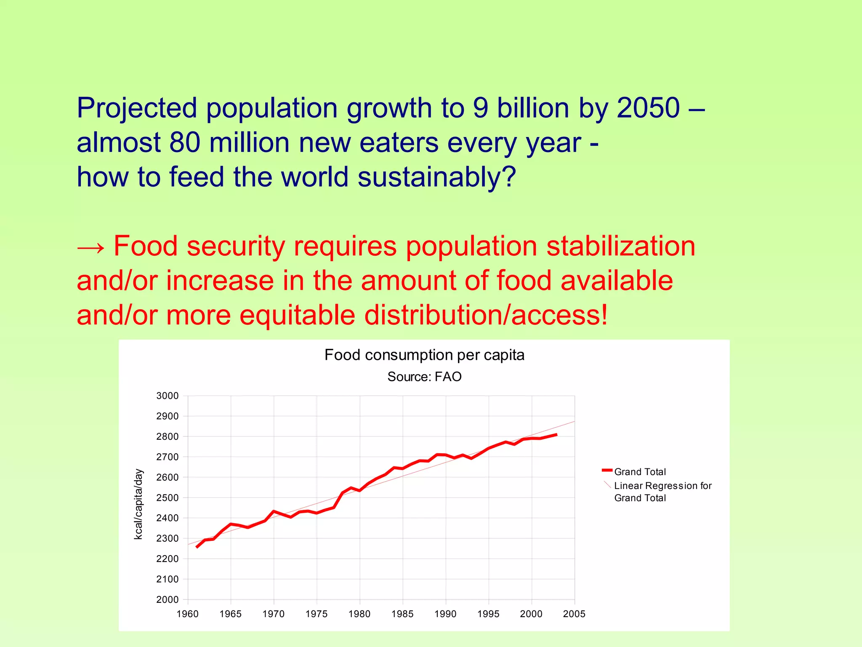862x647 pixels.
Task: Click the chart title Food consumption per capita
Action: (x=424, y=355)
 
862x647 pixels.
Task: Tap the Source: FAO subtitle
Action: (x=424, y=377)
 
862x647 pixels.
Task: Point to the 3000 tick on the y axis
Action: (x=168, y=396)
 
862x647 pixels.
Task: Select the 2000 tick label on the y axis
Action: (x=168, y=599)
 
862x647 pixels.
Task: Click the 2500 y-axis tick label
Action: (x=168, y=497)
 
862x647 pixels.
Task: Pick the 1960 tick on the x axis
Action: (x=188, y=614)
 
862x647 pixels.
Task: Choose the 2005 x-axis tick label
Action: (x=574, y=614)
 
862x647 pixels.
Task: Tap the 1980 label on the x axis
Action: (x=359, y=614)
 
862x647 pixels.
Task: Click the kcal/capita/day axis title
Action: (x=138, y=504)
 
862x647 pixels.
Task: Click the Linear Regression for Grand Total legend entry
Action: (x=662, y=492)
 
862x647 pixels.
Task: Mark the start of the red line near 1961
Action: (x=197, y=547)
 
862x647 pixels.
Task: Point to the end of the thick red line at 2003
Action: (x=556, y=435)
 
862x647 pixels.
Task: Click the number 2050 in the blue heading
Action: (x=648, y=108)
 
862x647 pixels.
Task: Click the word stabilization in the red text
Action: (x=620, y=246)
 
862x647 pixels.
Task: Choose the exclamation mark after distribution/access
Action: (x=604, y=315)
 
